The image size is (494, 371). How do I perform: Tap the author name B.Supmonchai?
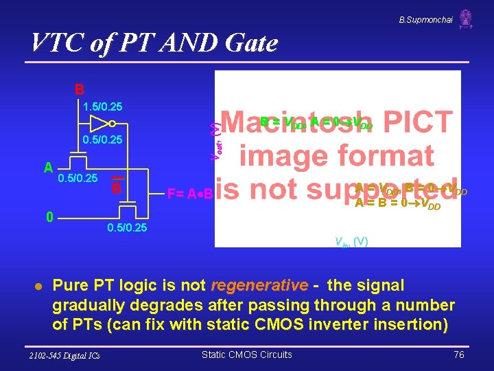425,20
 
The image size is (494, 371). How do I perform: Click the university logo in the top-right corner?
466,19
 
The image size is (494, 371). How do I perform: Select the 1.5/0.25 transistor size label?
102,106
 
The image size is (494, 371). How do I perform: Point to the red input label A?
48,168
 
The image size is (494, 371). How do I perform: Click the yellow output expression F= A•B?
190,194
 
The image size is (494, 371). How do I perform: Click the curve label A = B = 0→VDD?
398,203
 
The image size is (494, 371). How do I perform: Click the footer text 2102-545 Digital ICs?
65,355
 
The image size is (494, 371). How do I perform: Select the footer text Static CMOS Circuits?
246,355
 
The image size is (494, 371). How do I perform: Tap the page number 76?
458,355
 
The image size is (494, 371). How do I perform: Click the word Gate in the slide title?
250,43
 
